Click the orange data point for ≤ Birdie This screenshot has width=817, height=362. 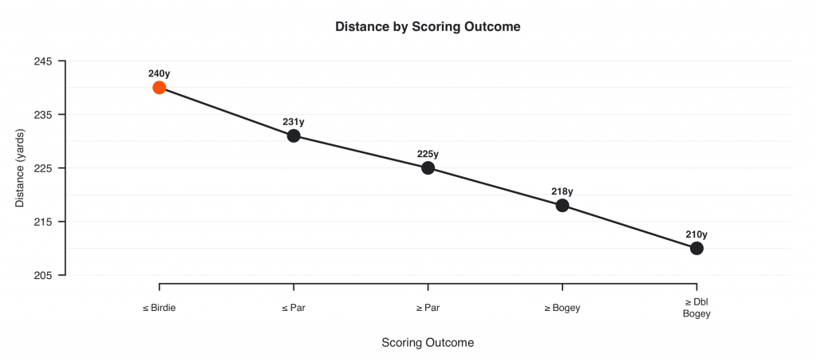[x=160, y=88]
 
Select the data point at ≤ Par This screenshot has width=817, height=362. [x=294, y=136]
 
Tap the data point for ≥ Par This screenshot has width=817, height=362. [x=428, y=167]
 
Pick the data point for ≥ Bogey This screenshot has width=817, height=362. [x=562, y=205]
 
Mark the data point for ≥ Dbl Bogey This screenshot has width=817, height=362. [x=697, y=248]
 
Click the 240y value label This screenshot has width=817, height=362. [x=160, y=73]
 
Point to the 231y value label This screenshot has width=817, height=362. [x=294, y=122]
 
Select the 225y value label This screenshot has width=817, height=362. [x=428, y=154]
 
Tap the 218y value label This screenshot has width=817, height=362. [x=562, y=191]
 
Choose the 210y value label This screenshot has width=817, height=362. [x=697, y=234]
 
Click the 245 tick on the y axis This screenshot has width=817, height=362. [x=44, y=61]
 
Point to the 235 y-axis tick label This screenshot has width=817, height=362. [x=44, y=115]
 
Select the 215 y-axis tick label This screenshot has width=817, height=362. [x=44, y=222]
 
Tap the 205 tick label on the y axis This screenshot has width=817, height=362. [x=44, y=275]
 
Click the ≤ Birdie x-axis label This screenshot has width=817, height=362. [x=160, y=308]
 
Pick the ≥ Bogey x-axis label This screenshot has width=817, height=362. [x=562, y=308]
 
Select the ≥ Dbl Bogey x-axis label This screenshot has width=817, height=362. [x=697, y=308]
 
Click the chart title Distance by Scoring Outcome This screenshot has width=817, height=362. [x=428, y=26]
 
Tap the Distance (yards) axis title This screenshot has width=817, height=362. [x=21, y=167]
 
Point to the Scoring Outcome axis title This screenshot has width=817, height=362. [x=428, y=343]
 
